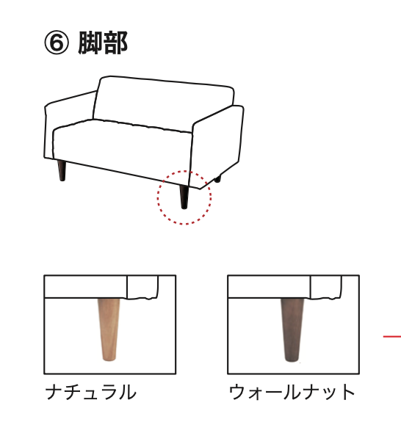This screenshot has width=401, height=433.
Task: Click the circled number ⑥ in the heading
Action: [56, 43]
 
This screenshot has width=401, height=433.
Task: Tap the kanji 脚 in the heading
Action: [90, 43]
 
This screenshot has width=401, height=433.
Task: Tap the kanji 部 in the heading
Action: [115, 43]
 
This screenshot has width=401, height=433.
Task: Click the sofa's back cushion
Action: [164, 103]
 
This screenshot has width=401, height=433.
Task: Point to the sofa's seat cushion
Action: [122, 149]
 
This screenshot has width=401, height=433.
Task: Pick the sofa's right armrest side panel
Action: [217, 146]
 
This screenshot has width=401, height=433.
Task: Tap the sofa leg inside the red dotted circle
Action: [184, 197]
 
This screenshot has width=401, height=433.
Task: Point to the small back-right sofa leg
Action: [218, 179]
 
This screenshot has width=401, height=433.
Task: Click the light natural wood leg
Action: [109, 330]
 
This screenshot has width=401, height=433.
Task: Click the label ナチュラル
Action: [91, 392]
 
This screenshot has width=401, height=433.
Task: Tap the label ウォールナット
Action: [292, 392]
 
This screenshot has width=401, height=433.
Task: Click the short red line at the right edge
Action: [392, 336]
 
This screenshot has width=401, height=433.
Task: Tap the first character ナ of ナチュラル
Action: [54, 392]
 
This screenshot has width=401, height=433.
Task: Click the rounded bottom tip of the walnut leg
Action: [292, 360]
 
